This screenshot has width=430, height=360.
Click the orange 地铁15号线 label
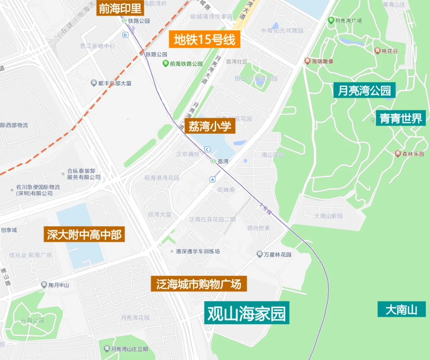point(205,39)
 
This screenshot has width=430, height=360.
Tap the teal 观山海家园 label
point(246,314)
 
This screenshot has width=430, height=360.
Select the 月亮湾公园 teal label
point(364,90)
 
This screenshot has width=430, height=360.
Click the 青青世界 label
point(401,118)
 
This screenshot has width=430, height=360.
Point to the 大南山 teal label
point(401,309)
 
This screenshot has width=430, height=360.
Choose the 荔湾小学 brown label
point(210,127)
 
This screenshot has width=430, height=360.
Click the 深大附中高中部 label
point(84,235)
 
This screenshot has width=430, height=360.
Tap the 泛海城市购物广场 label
point(199,284)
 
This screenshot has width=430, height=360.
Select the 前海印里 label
point(120,8)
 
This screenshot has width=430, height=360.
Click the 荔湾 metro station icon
point(213,161)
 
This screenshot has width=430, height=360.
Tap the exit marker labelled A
point(213,180)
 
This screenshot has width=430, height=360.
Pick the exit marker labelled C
point(207,149)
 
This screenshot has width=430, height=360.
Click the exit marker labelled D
point(125,35)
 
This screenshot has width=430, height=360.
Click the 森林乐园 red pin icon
point(397,154)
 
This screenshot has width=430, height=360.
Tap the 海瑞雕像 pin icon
point(307,61)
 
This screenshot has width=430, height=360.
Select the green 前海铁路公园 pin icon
point(165,63)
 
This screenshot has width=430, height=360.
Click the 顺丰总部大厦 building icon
point(94,83)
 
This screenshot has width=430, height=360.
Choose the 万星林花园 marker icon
point(260,254)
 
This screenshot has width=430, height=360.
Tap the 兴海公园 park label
point(32,320)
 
